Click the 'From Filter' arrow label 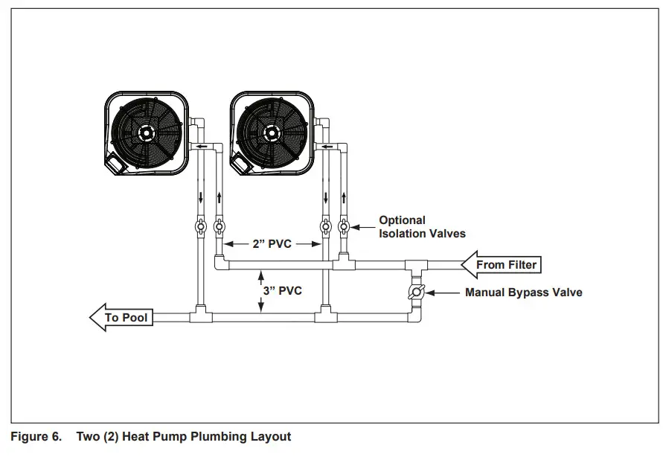506,265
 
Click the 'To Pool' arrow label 124,318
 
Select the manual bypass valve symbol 415,292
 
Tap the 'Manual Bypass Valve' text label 523,293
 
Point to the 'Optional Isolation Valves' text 422,227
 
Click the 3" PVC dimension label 284,290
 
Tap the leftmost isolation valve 199,225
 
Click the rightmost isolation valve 343,225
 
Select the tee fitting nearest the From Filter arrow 415,266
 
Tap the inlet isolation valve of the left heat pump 217,225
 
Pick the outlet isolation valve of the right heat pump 325,225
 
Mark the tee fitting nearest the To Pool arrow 199,316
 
